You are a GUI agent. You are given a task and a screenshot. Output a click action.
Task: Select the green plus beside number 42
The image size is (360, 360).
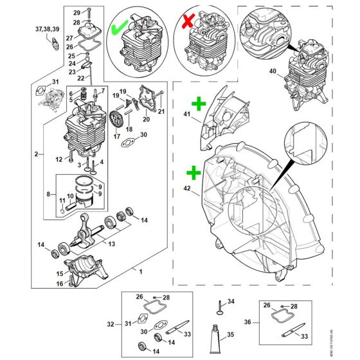coord(192,172)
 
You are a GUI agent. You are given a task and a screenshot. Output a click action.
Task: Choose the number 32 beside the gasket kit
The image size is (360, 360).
coord(110,325)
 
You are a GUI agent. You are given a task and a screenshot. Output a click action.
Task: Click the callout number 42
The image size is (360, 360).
coord(186,190)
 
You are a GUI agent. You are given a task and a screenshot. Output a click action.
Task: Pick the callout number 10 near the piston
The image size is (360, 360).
coord(71,196)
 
